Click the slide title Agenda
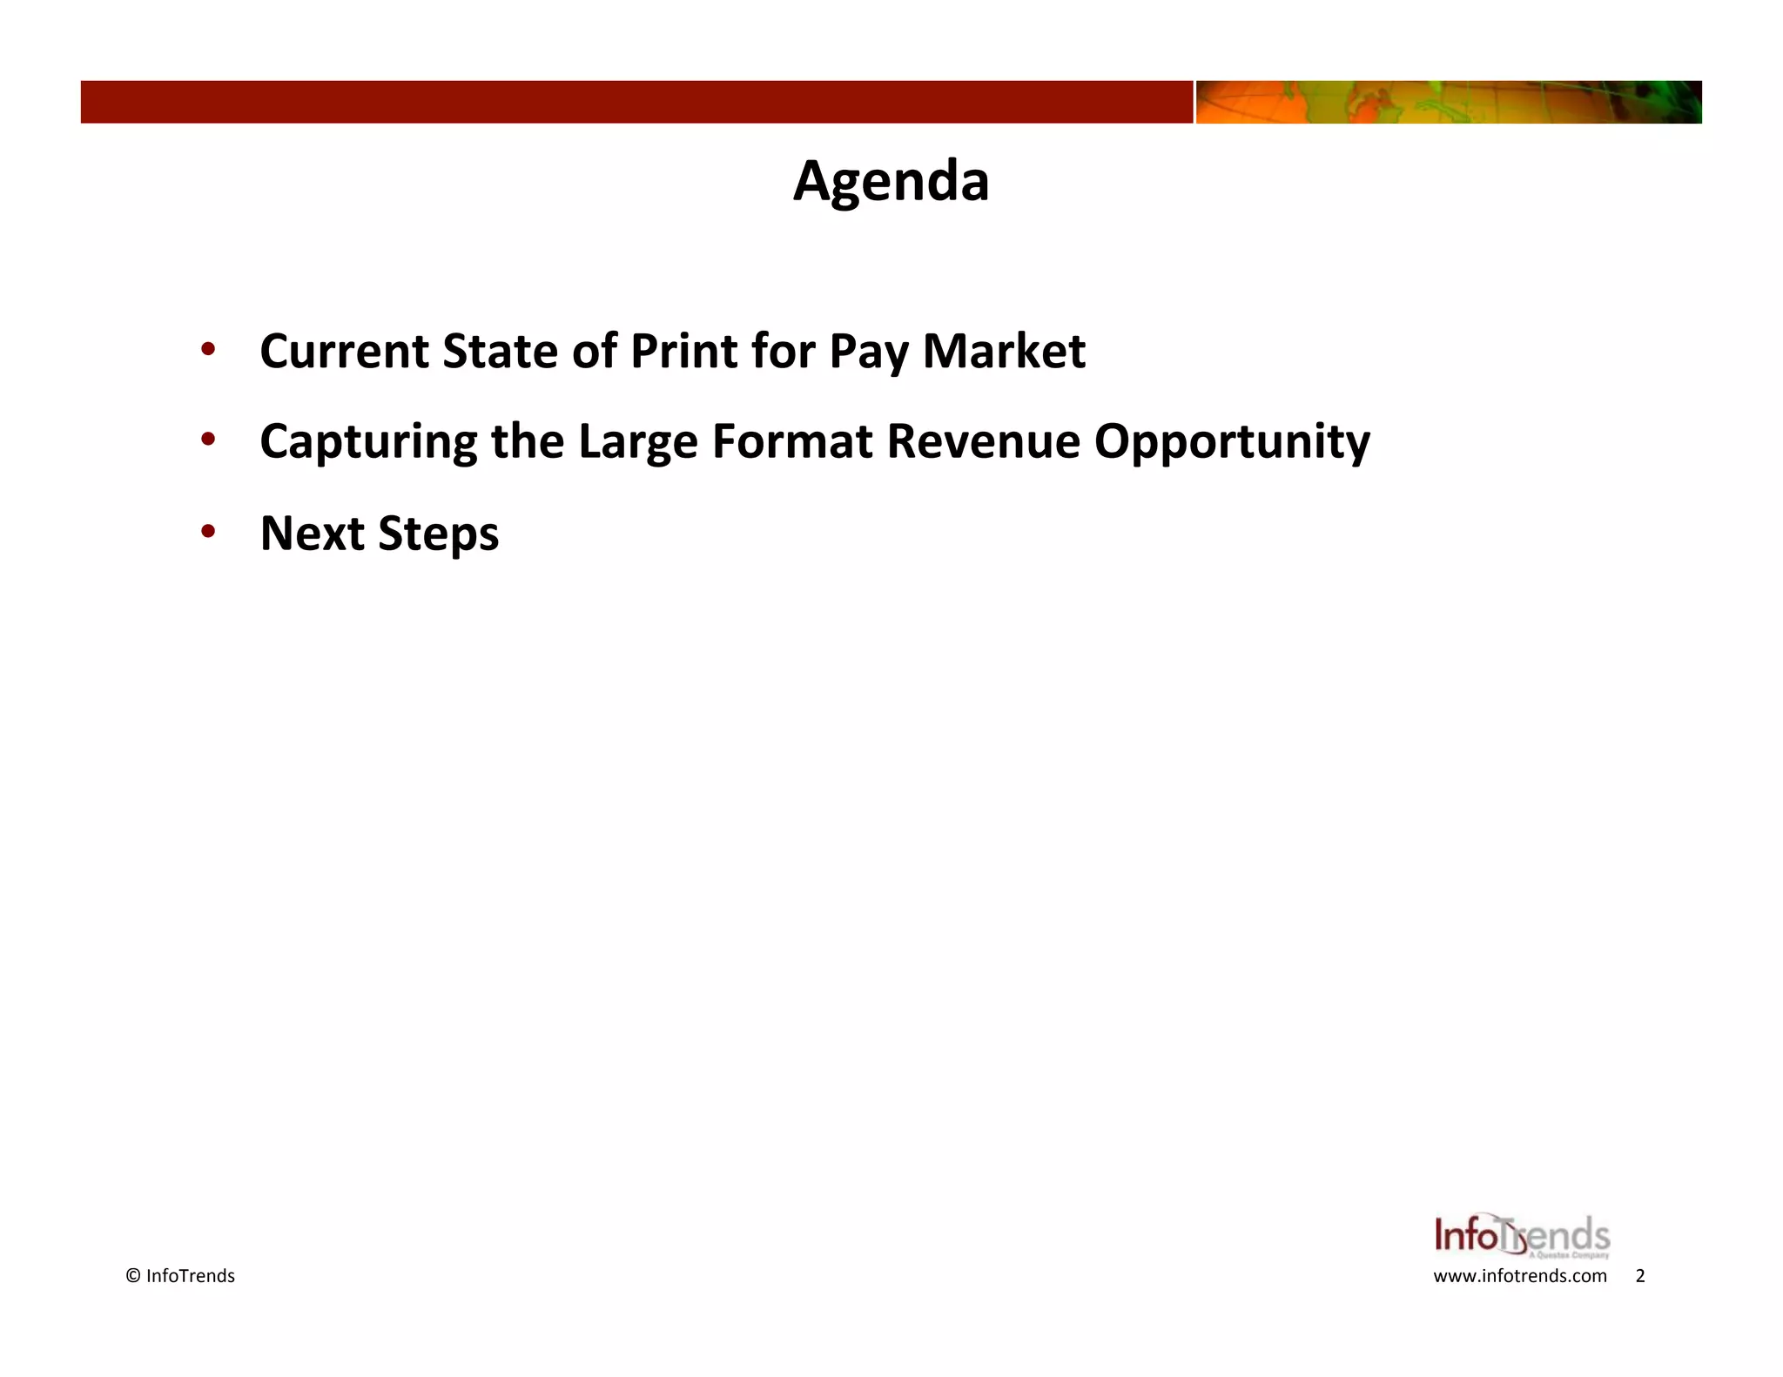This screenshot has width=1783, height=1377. point(891,181)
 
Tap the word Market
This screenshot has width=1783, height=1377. point(1004,351)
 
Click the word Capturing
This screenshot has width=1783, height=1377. point(368,442)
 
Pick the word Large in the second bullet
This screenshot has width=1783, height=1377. point(637,442)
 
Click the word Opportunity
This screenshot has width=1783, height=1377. point(1232,442)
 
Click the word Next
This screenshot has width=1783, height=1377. point(311,533)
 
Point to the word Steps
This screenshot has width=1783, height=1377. point(439,534)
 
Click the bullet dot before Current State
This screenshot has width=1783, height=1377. point(208,350)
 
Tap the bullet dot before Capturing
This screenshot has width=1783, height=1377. point(208,440)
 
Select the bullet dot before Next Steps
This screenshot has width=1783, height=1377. point(208,531)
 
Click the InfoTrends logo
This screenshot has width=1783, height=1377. point(1522,1236)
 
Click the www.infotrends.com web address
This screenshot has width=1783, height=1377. point(1519,1276)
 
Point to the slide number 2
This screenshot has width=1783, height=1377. point(1640,1276)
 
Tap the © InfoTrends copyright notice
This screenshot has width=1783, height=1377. point(180,1276)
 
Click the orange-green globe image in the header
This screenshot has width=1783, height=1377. point(1448,102)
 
